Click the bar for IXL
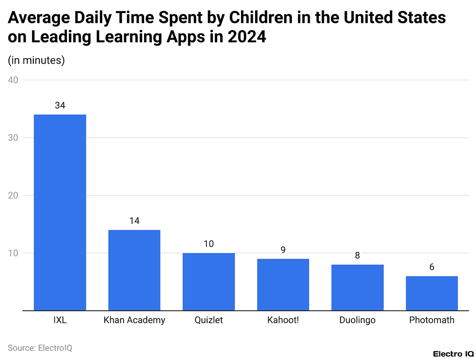pyautogui.click(x=60, y=212)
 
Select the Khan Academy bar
pyautogui.click(x=134, y=270)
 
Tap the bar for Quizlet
pyautogui.click(x=209, y=281)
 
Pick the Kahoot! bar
pyautogui.click(x=283, y=284)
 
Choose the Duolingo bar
pyautogui.click(x=357, y=287)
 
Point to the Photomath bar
pyautogui.click(x=432, y=293)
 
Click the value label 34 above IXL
pyautogui.click(x=60, y=106)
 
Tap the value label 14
pyautogui.click(x=134, y=221)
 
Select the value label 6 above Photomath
pyautogui.click(x=432, y=267)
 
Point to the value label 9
pyautogui.click(x=283, y=250)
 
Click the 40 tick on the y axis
pyautogui.click(x=13, y=80)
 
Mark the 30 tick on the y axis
pyautogui.click(x=13, y=138)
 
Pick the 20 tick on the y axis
pyautogui.click(x=13, y=195)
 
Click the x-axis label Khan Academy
pyautogui.click(x=134, y=320)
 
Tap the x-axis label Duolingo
pyautogui.click(x=357, y=320)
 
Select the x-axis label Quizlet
pyautogui.click(x=209, y=320)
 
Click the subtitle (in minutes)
pyautogui.click(x=36, y=60)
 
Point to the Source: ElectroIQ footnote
pyautogui.click(x=40, y=347)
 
